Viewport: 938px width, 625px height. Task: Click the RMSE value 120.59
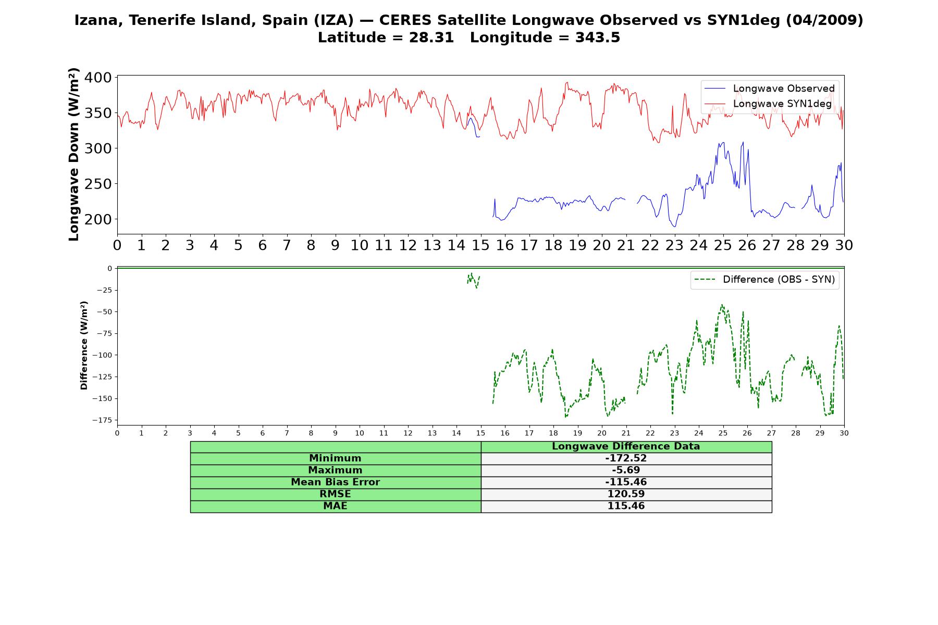tap(626, 494)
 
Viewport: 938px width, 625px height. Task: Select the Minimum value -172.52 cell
tap(626, 458)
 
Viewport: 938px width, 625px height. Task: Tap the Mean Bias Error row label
tap(335, 482)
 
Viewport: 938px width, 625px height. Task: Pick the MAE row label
tap(335, 506)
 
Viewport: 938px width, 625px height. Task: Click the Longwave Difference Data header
tap(626, 446)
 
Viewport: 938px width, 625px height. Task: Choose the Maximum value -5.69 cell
tap(626, 470)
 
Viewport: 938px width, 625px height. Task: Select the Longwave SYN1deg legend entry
tap(768, 104)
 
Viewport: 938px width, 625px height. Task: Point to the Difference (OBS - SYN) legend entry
tap(764, 280)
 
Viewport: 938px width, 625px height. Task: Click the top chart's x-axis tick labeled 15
tap(480, 245)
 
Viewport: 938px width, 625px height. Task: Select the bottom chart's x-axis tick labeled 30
tap(844, 433)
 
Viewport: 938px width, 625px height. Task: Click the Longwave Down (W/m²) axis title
tap(73, 154)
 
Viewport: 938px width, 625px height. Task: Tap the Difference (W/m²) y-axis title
tap(84, 345)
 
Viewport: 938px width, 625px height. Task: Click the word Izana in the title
tap(98, 20)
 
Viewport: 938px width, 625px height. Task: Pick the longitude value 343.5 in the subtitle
tap(598, 37)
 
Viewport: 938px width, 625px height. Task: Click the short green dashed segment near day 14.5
tap(473, 280)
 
